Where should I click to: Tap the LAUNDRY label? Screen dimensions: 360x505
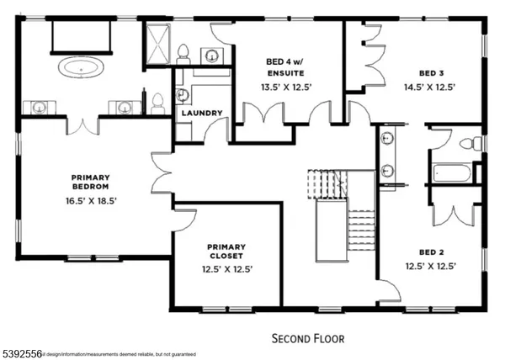202,113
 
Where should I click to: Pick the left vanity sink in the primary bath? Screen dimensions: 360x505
39,107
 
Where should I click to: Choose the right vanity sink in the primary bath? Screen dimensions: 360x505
125,107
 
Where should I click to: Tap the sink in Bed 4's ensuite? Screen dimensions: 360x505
212,56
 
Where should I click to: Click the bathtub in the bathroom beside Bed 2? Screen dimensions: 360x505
453,174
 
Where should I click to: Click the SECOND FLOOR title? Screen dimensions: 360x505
307,338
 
